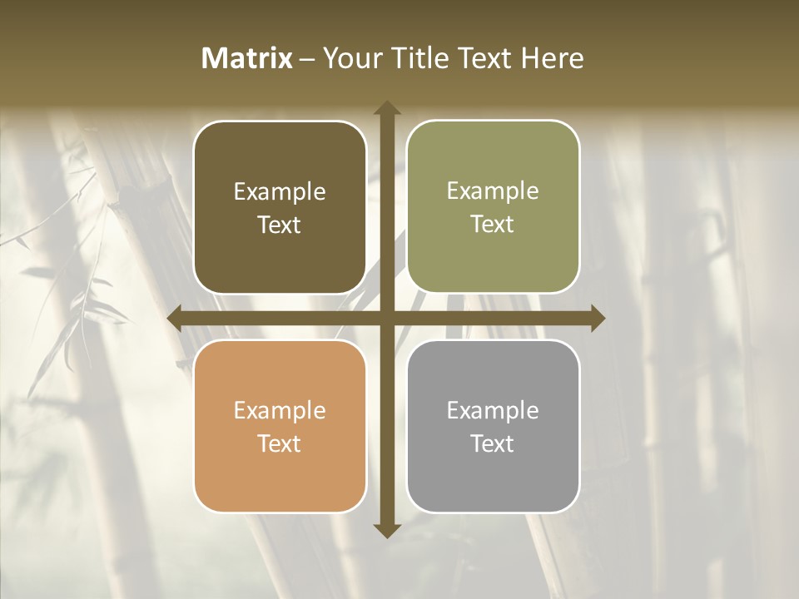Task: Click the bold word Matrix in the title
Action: tap(247, 58)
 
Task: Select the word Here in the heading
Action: tap(552, 58)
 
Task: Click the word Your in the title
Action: tap(348, 58)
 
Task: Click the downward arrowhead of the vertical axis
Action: tap(386, 530)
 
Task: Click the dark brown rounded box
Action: tap(280, 207)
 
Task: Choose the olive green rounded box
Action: tap(493, 207)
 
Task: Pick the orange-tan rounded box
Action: tap(280, 426)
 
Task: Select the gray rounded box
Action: tap(493, 426)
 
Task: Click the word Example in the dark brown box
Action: tap(280, 192)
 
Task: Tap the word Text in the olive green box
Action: tap(493, 225)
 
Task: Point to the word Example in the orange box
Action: tap(280, 411)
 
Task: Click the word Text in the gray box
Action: tap(493, 444)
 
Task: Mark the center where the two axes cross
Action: tap(386, 318)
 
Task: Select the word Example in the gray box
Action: tap(493, 411)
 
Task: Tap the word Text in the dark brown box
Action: tap(280, 225)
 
